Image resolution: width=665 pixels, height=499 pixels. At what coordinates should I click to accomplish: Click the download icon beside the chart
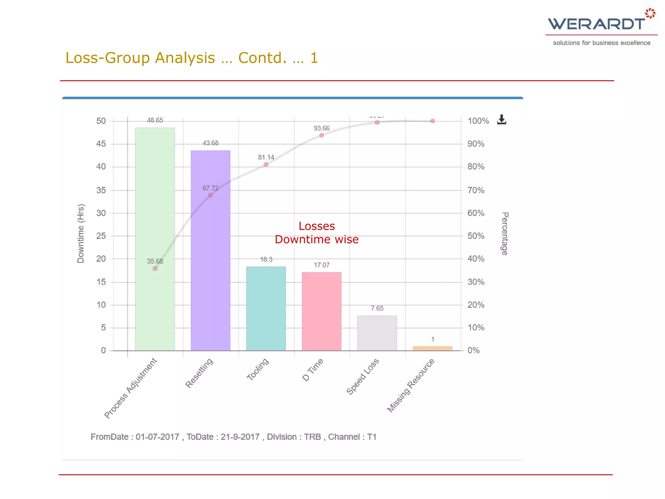(x=501, y=120)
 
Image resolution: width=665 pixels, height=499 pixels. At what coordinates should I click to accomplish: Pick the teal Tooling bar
(x=266, y=308)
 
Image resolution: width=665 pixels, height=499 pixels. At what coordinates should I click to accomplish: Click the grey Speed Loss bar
(x=377, y=333)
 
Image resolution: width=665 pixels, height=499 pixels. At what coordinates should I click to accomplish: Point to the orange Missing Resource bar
(x=433, y=348)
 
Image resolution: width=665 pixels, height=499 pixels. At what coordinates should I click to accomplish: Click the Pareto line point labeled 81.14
(x=266, y=164)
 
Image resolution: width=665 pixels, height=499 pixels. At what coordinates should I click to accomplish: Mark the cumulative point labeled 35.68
(x=155, y=268)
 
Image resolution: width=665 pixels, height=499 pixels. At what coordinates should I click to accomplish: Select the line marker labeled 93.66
(x=321, y=135)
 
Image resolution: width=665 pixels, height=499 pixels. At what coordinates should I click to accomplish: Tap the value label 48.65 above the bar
(x=155, y=120)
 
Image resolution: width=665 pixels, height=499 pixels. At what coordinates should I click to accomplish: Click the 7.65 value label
(x=377, y=308)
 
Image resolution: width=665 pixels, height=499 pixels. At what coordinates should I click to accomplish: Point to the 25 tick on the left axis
(x=101, y=236)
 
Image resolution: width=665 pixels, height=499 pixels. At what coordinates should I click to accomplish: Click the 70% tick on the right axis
(x=476, y=190)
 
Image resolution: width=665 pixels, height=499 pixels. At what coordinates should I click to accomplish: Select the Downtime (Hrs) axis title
(x=81, y=233)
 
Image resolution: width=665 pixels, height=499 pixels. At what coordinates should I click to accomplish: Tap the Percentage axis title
(x=505, y=233)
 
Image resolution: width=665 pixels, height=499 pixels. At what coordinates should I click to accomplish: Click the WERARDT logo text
(x=596, y=24)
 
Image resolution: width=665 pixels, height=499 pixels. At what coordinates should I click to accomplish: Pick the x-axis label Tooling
(x=258, y=369)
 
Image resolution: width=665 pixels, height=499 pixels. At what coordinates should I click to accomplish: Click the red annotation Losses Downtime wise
(x=317, y=233)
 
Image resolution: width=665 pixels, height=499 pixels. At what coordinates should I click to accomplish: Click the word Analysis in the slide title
(x=185, y=58)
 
